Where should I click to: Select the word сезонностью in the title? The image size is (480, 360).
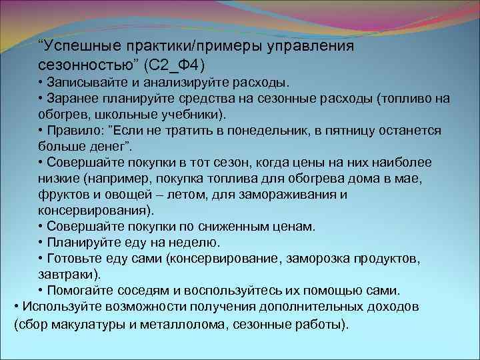coord(82,65)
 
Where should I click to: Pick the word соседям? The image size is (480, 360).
coord(141,291)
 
